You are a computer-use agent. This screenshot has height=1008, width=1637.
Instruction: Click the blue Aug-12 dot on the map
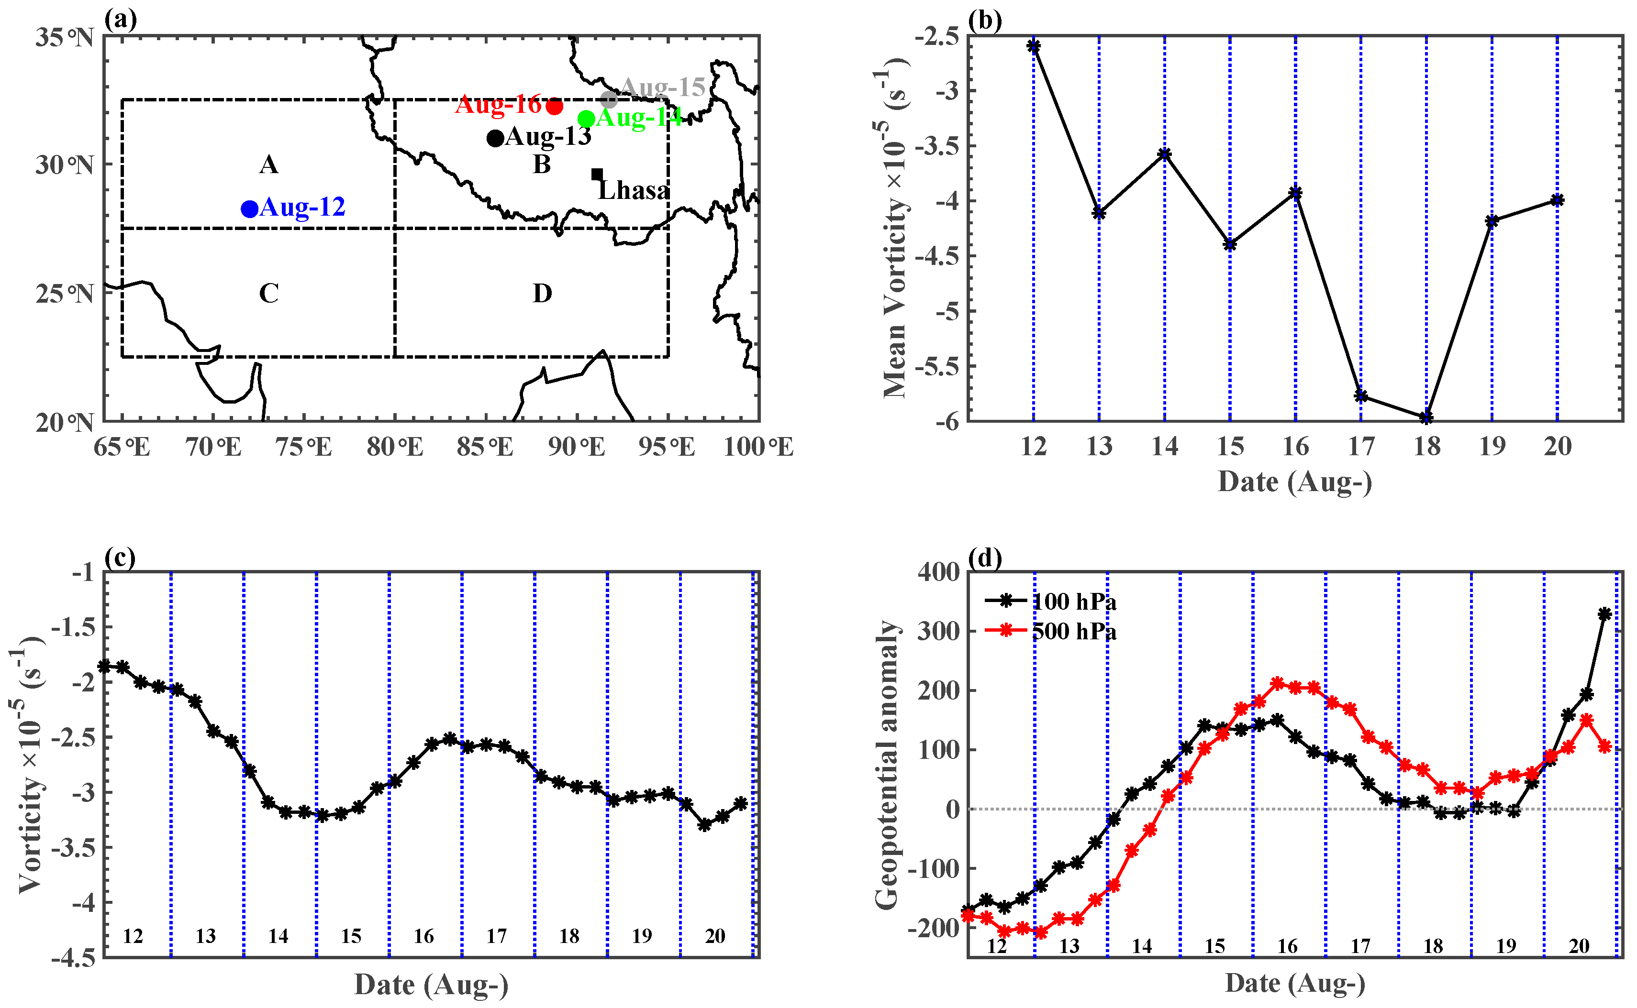tap(249, 208)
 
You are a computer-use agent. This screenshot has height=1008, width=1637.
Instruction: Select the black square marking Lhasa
tap(597, 174)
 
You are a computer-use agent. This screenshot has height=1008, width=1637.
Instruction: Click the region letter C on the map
tap(269, 293)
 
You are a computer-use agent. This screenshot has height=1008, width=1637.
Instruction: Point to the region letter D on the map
tap(542, 293)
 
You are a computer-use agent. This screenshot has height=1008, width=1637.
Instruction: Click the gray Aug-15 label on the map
tap(662, 87)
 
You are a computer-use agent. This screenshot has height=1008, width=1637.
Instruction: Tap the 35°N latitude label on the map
tap(65, 37)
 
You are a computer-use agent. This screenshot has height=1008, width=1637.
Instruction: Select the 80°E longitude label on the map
tap(395, 447)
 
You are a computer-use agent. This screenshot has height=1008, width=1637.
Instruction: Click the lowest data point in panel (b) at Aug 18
tap(1427, 417)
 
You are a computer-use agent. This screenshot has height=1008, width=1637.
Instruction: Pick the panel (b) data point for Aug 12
tap(1034, 46)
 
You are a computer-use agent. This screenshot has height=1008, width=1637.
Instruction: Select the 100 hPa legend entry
tap(1074, 602)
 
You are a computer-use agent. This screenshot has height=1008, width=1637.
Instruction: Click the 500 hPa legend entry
tap(1074, 631)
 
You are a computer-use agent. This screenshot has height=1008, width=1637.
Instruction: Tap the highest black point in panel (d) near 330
tap(1605, 614)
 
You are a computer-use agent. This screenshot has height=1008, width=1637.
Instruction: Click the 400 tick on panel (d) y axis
tap(938, 572)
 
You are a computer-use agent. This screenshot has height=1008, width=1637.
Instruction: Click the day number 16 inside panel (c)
tap(423, 936)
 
